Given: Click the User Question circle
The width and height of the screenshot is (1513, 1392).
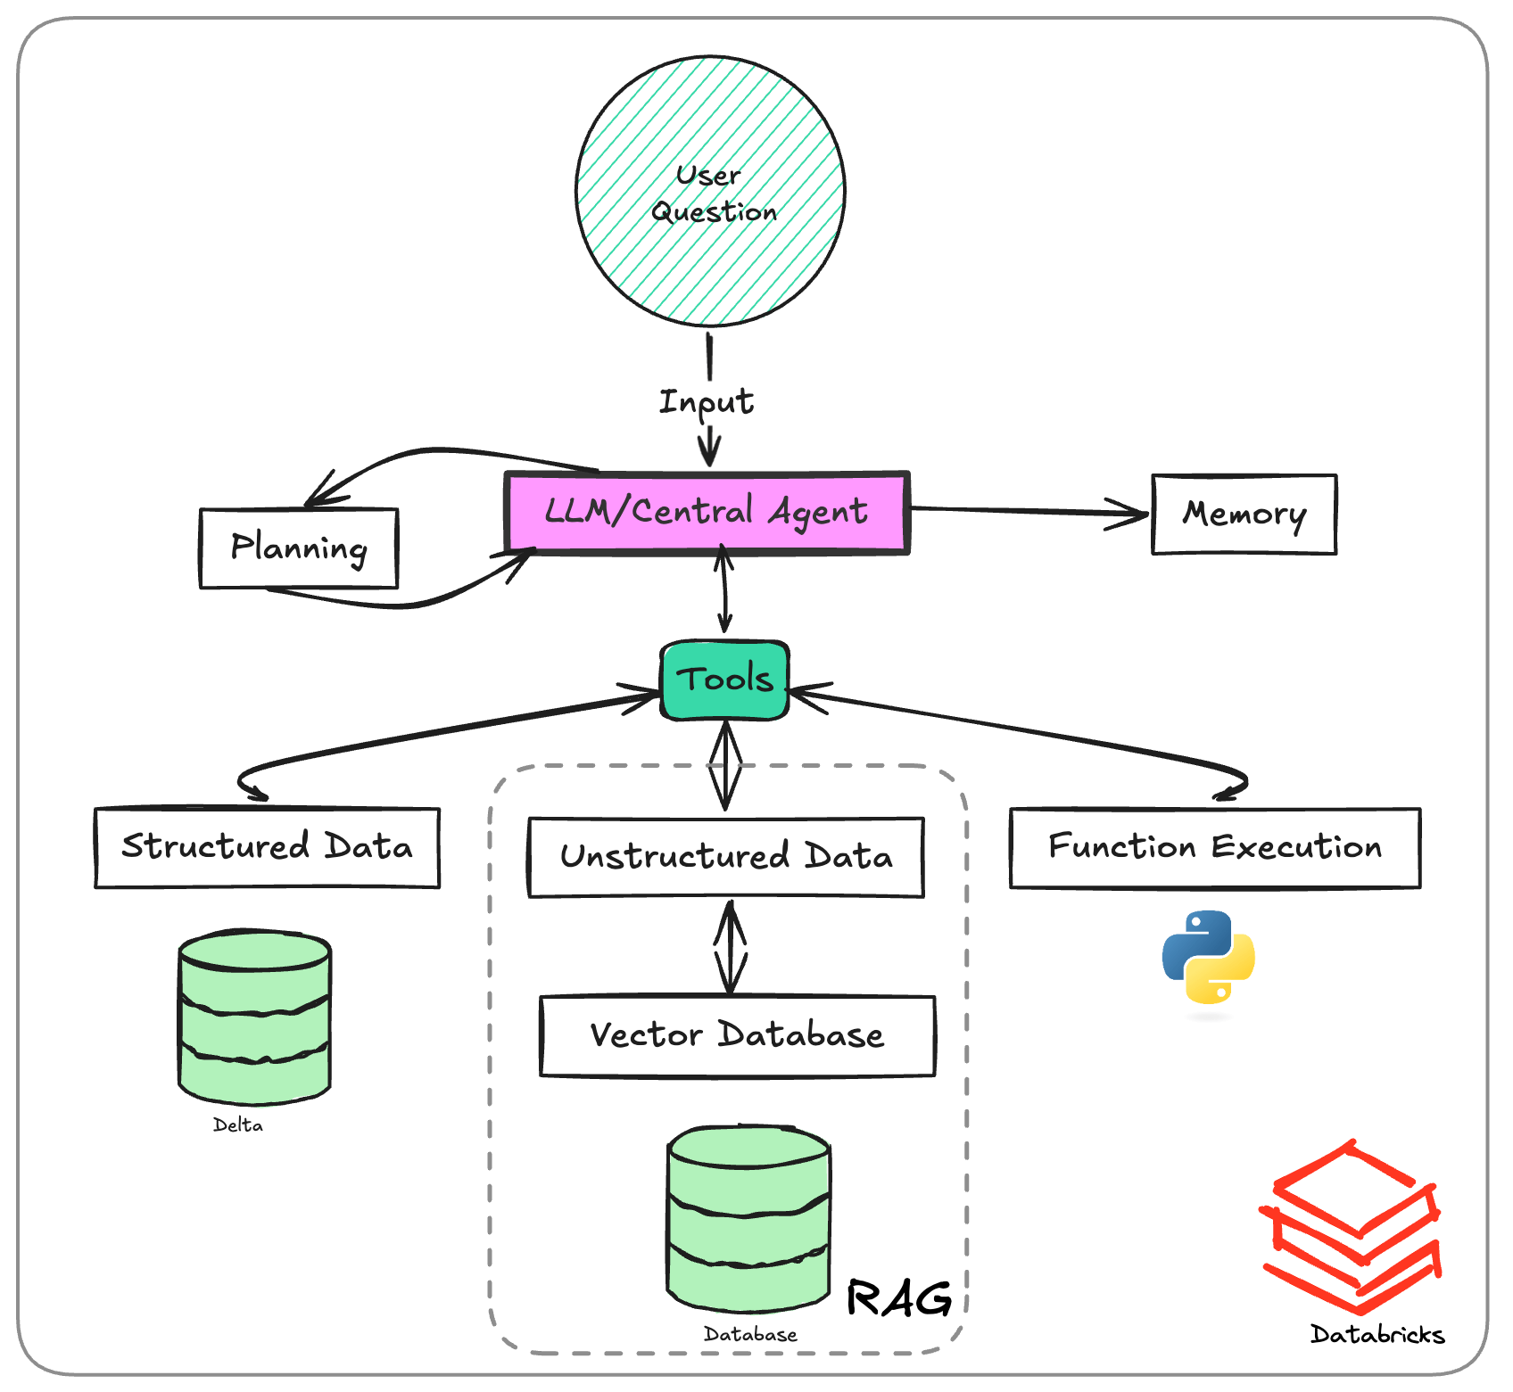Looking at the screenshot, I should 710,191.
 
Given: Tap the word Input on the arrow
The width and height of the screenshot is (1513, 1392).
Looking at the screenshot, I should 706,402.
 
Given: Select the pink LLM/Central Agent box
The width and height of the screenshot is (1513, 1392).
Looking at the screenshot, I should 707,513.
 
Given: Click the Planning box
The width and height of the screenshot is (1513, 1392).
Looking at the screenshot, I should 299,548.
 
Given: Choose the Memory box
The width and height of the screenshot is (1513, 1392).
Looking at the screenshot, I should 1244,515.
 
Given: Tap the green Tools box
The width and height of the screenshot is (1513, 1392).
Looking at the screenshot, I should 724,680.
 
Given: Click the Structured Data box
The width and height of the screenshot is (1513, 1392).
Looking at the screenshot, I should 267,847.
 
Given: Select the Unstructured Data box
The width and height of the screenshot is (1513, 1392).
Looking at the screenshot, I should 725,857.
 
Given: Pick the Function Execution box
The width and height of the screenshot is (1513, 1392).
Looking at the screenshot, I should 1214,847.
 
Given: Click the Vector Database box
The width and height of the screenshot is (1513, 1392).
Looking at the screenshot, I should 737,1035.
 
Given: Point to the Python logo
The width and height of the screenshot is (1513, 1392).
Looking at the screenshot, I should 1208,957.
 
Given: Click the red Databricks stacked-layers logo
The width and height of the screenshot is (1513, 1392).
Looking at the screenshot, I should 1352,1226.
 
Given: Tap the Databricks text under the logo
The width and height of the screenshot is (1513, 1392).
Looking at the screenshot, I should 1377,1335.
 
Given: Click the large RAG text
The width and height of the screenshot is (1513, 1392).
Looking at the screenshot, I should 898,1298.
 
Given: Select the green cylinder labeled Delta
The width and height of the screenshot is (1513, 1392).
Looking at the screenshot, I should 254,1017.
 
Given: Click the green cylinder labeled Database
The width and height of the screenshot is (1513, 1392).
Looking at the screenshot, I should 748,1218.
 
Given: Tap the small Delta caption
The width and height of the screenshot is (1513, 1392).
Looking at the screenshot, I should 237,1125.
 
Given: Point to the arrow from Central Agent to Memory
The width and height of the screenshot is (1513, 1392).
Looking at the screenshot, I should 1026,511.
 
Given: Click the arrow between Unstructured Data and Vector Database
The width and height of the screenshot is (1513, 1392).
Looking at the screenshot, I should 731,947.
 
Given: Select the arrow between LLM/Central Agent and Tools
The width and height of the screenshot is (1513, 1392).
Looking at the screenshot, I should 724,590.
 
